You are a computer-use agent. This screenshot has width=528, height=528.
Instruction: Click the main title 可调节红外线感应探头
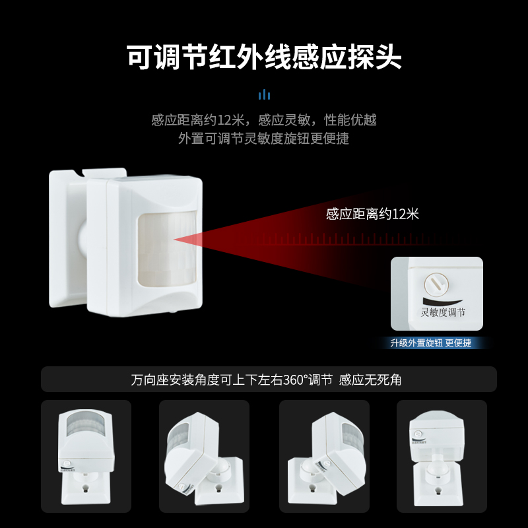coord(264,58)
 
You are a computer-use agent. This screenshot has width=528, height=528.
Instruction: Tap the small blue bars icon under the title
coord(264,94)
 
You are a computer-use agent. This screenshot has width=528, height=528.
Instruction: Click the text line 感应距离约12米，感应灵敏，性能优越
coord(264,120)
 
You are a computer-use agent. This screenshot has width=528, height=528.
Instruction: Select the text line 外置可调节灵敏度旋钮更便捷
coord(264,139)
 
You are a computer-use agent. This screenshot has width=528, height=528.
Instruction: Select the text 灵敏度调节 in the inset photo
coord(443,313)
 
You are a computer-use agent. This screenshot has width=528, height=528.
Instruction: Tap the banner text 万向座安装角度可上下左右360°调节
coord(231,380)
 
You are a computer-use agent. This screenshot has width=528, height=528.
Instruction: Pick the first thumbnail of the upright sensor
coord(86,456)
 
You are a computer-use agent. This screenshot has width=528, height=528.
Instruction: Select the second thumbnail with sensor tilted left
coord(204,456)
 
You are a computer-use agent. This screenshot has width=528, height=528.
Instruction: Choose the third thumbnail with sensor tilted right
coord(323,456)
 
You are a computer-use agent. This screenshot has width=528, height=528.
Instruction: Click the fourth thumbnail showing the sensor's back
coord(441,456)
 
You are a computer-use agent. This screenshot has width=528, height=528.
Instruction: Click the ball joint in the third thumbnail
coord(308,470)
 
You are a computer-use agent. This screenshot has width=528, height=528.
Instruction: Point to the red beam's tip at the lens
coord(176,239)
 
